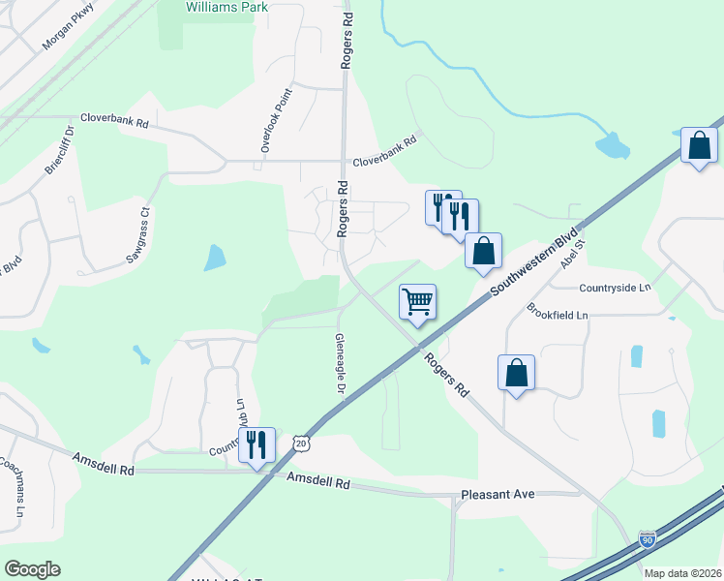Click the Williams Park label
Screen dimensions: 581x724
click(x=226, y=6)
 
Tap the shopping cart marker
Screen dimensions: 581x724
click(x=417, y=301)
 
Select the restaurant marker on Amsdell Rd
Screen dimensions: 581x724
click(x=256, y=445)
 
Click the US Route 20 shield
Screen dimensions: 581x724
click(x=302, y=443)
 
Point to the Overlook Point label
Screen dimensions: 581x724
click(x=276, y=120)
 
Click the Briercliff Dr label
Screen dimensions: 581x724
click(x=59, y=149)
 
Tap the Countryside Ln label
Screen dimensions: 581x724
click(x=615, y=288)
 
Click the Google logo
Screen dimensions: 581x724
click(x=32, y=569)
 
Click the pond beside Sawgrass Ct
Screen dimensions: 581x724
click(x=215, y=258)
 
